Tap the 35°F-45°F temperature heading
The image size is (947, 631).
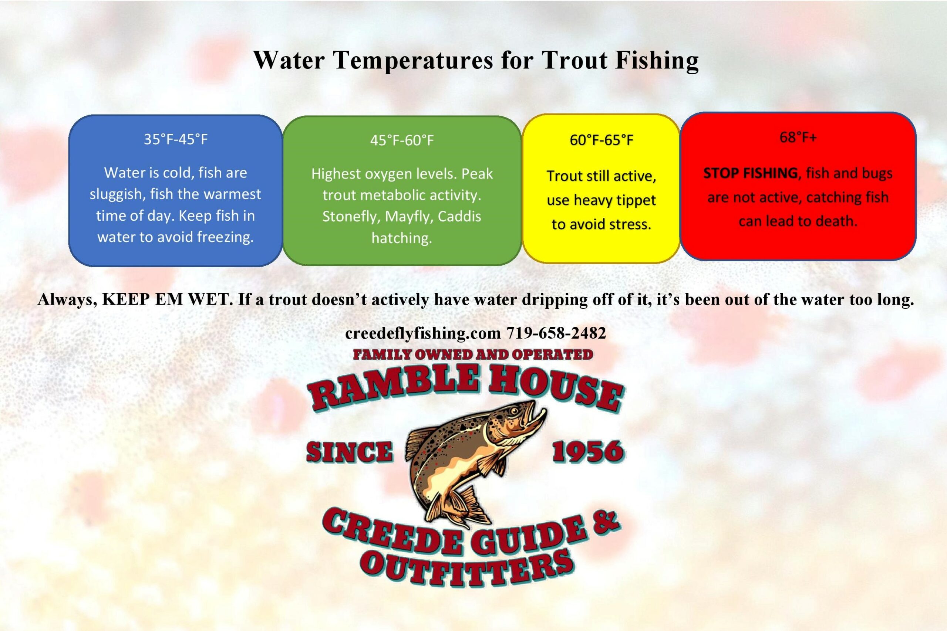click(x=176, y=139)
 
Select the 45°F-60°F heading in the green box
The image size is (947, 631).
click(x=402, y=140)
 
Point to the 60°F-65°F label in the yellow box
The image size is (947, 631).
click(x=601, y=140)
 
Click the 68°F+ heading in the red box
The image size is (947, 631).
click(x=798, y=138)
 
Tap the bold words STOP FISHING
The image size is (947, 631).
click(x=751, y=173)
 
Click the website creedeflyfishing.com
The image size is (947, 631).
click(x=423, y=333)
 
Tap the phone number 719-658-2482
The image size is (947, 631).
click(x=556, y=333)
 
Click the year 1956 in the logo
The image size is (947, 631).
click(x=587, y=451)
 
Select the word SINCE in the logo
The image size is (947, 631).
click(x=350, y=451)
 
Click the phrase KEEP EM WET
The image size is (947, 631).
click(x=168, y=300)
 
